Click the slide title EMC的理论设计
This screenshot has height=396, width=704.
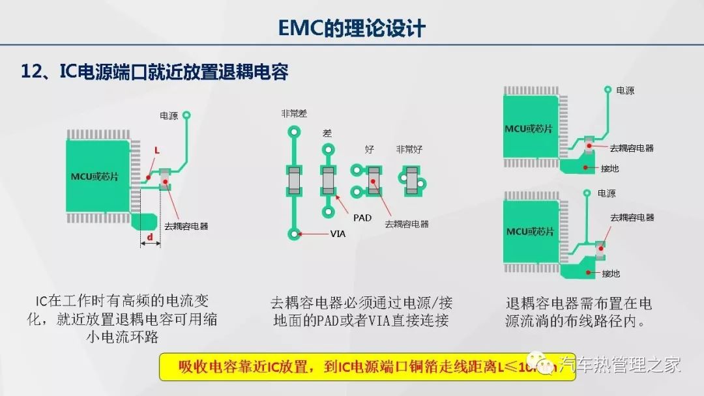[x=351, y=28]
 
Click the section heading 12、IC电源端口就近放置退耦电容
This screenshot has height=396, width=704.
[x=154, y=72]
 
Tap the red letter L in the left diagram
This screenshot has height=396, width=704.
[x=156, y=150]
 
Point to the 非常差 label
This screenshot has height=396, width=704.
[x=294, y=113]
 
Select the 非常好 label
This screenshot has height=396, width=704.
[x=409, y=149]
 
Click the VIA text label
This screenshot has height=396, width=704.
[x=338, y=233]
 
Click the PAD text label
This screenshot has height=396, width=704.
[x=362, y=218]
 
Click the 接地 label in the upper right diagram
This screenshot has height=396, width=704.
[x=610, y=169]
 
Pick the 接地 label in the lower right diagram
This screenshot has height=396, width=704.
[x=610, y=273]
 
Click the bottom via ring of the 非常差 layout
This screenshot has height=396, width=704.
[x=295, y=233]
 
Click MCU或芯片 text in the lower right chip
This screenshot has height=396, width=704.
[x=529, y=231]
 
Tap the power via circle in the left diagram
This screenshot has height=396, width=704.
[x=186, y=115]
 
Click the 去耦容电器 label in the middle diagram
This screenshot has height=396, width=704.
[x=407, y=224]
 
